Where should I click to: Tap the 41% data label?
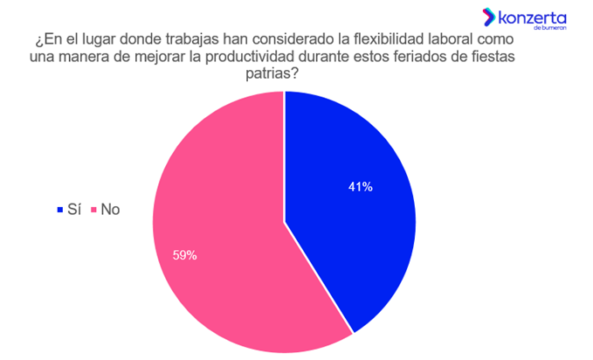pos(360,186)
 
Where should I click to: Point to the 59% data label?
pos(185,256)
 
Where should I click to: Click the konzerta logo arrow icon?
pos(488,16)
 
